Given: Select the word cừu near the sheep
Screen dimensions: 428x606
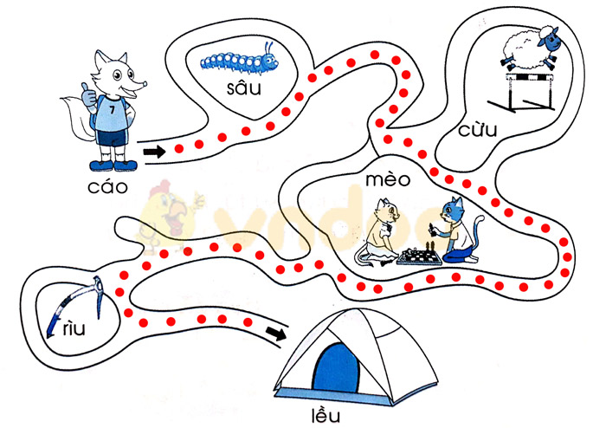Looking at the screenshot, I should (x=478, y=130).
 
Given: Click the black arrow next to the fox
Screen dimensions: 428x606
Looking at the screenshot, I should (x=154, y=152).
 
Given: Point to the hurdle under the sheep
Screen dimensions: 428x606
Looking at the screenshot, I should (x=530, y=94).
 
